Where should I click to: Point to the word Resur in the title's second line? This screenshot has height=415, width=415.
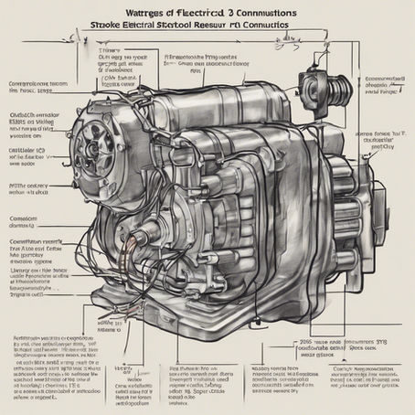coord(237,28)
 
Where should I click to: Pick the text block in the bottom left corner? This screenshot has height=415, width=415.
coord(55,370)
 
